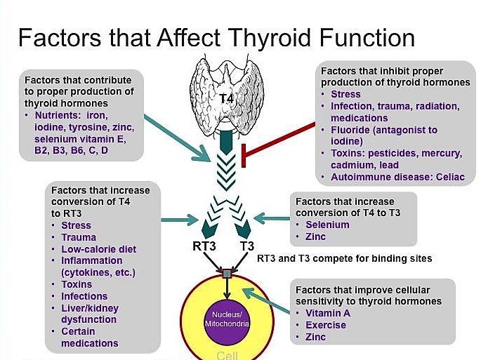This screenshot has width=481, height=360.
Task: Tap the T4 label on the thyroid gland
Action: point(226,99)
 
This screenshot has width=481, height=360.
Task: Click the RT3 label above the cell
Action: point(204,246)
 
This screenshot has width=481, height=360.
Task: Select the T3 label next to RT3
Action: point(247,246)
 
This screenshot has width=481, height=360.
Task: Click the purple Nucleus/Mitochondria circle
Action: point(227,319)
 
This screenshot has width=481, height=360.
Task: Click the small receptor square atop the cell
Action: point(227,274)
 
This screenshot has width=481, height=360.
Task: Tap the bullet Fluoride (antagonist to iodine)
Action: point(384,135)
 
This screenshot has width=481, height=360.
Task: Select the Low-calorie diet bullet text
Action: point(99,249)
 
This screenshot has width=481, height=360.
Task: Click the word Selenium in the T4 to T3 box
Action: point(327,225)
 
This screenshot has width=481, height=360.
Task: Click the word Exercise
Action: point(326,325)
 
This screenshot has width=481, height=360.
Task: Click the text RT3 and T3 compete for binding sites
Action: point(344,258)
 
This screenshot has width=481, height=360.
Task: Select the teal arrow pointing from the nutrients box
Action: point(178,138)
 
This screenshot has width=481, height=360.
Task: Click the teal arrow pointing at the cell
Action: point(266,301)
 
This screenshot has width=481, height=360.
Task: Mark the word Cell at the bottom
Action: point(227,355)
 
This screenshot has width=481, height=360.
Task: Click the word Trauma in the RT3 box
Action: point(79,237)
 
